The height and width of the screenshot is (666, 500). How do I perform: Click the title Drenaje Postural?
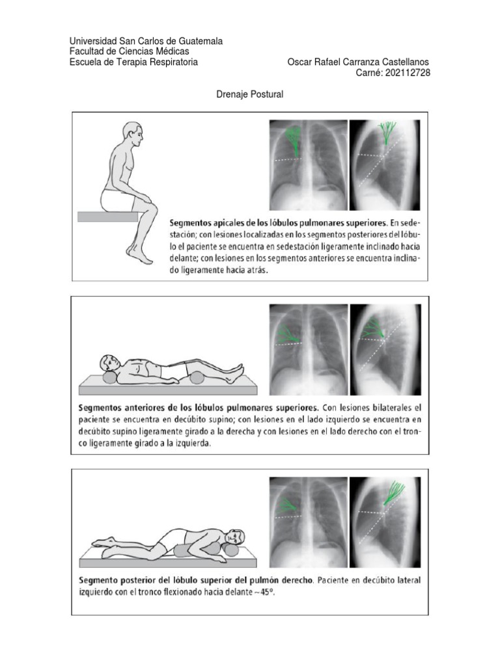pos(249,94)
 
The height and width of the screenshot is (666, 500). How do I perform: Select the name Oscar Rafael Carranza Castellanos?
pos(358,62)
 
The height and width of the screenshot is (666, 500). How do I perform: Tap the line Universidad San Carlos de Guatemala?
pos(146,41)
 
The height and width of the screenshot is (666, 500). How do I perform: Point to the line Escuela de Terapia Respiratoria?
pos(133,62)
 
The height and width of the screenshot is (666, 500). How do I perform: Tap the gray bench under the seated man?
pos(107,216)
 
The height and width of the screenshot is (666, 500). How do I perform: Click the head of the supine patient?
pos(108,363)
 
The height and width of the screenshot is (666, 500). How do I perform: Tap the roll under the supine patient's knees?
pos(198,377)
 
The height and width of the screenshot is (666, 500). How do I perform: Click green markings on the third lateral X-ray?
pos(394,492)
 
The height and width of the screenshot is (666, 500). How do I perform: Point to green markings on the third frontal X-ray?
pos(287,504)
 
